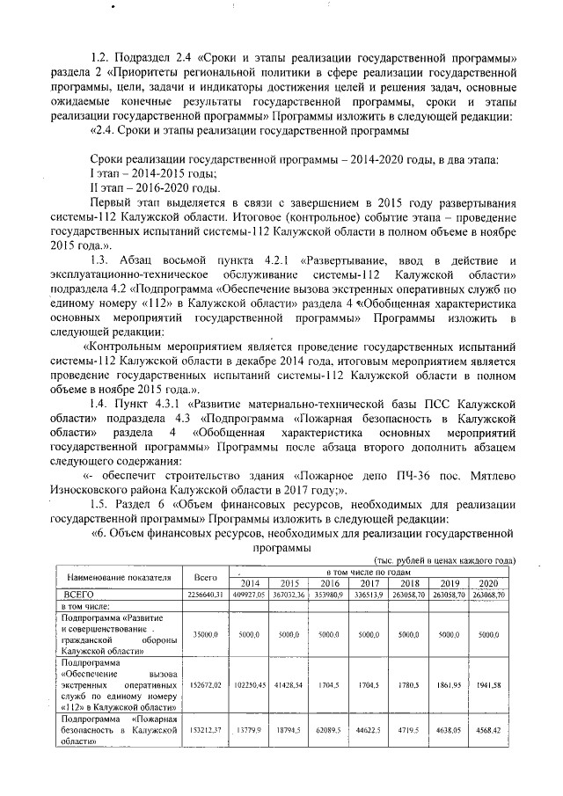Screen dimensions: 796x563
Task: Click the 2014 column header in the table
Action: (250, 583)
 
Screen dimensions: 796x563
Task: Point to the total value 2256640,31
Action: (205, 595)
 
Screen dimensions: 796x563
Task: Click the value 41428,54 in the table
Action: (290, 681)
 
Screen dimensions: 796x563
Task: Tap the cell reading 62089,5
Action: (329, 729)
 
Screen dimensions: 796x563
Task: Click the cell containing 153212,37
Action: (205, 729)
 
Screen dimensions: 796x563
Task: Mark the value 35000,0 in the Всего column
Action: (205, 632)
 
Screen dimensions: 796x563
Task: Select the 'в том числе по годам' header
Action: (369, 573)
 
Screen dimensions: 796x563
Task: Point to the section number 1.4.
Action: (104, 403)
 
